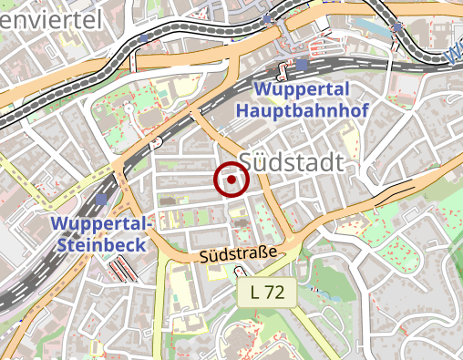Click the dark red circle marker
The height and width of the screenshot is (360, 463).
coord(232,180)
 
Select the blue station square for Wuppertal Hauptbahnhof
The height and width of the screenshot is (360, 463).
coord(303,66)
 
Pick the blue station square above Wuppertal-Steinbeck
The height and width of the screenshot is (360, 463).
coord(101,200)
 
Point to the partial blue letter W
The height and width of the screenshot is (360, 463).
coord(453,57)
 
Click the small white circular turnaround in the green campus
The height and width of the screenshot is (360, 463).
coord(129,108)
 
